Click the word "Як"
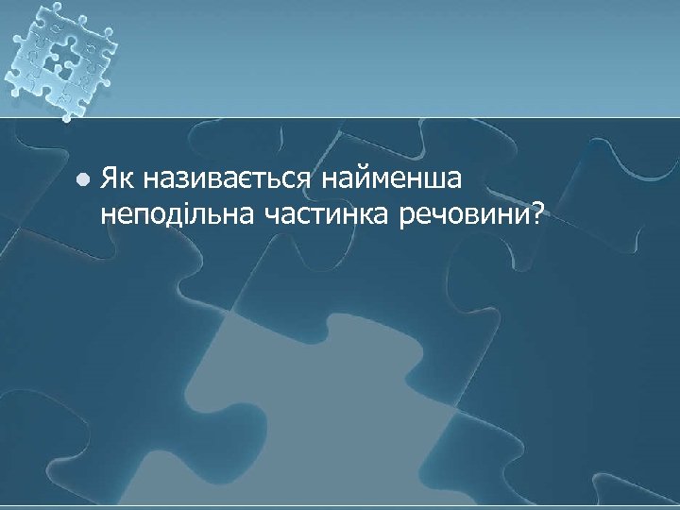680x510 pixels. point(117,178)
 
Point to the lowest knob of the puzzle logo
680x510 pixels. point(67,118)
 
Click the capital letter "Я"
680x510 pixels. point(110,178)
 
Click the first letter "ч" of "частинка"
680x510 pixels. point(272,218)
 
